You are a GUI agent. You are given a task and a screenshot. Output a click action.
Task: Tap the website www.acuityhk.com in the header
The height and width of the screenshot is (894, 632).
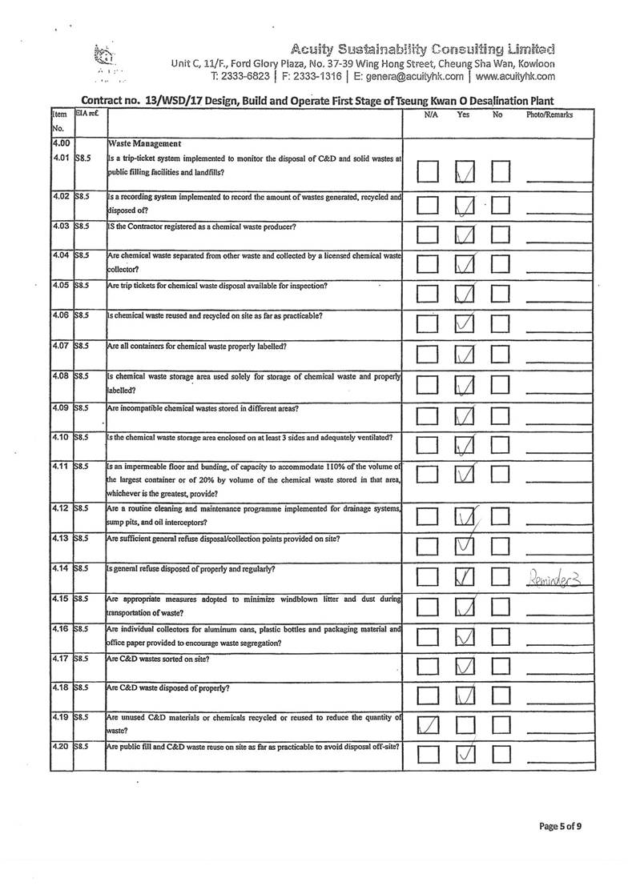point(515,77)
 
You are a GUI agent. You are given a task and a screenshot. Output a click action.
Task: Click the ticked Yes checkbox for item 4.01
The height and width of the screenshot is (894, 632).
point(465,171)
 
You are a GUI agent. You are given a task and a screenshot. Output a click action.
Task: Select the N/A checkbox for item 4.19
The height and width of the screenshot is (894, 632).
point(429,726)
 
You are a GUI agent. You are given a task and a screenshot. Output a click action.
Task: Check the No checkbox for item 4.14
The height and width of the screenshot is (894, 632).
point(501,576)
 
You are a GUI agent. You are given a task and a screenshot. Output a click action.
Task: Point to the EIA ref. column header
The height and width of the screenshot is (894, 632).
point(86,115)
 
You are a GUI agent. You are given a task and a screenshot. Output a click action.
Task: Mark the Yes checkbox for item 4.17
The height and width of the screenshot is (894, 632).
point(465,667)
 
